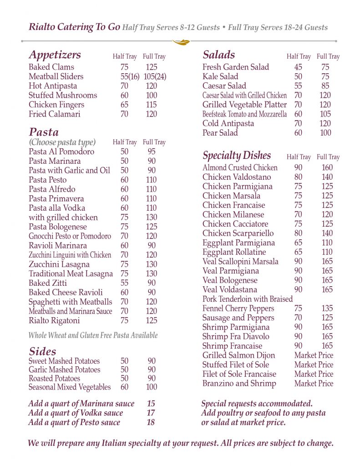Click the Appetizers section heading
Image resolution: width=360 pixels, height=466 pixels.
[x=55, y=55]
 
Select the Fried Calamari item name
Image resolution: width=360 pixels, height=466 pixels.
[x=54, y=114]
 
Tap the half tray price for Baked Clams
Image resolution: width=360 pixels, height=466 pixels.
[x=124, y=67]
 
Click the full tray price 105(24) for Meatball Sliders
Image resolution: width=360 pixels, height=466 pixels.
[x=155, y=76]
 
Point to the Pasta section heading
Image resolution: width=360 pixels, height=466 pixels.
[x=44, y=132]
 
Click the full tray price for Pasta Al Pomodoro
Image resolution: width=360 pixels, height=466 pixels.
[x=152, y=152]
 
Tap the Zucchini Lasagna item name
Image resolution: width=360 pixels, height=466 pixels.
[x=59, y=264]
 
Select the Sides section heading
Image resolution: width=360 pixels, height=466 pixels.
[x=42, y=351]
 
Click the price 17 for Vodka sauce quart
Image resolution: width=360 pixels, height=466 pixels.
[x=151, y=413]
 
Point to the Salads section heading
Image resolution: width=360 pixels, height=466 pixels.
[x=218, y=55]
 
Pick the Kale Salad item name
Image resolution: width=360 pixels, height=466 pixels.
[x=220, y=76]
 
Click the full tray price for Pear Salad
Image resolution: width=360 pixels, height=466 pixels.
[x=325, y=133]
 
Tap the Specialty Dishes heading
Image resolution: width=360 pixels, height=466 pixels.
[x=236, y=156]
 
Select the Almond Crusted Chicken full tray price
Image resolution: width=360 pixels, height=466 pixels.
[x=327, y=167]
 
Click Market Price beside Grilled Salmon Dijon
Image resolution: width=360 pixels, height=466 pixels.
[x=314, y=355]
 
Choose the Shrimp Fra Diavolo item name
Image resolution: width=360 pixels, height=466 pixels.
[x=236, y=337]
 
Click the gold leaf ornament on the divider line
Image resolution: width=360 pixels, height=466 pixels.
[x=180, y=42]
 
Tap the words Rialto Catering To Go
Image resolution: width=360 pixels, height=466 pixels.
[x=74, y=27]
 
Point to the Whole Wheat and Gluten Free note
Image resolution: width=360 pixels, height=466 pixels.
[x=93, y=335]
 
